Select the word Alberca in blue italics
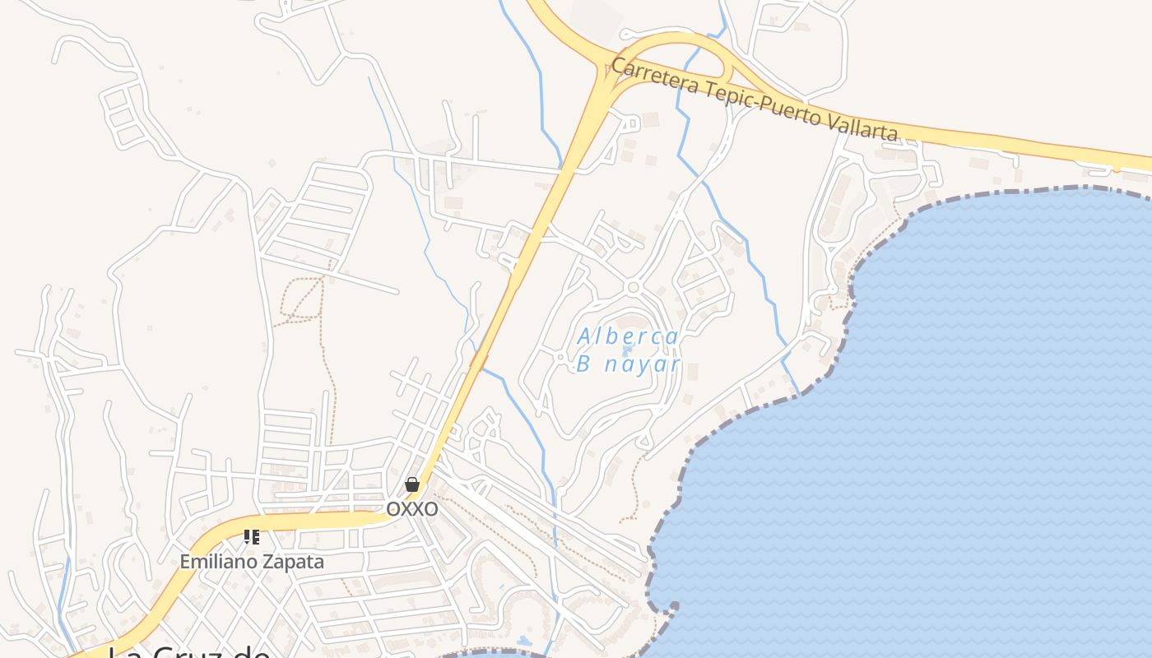coord(628,336)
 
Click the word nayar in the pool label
coord(642,364)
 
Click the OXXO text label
coord(412,510)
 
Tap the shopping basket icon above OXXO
coord(412,484)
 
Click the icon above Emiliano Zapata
coord(252,537)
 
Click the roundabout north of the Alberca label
coord(632,287)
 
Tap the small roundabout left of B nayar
coord(560,357)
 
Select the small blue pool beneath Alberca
coord(627,350)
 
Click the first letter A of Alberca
coord(583,336)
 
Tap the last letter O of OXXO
coord(431,510)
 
